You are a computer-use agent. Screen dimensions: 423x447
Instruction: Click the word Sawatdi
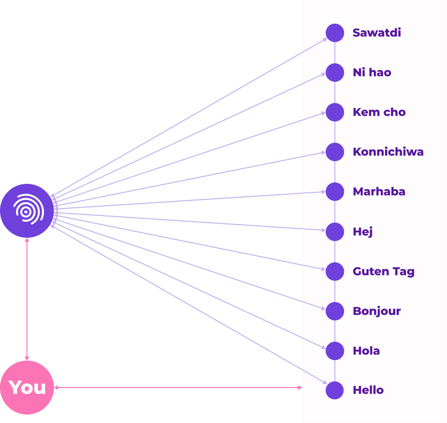[x=377, y=33]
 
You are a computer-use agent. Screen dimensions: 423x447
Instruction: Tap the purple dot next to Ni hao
[x=335, y=73]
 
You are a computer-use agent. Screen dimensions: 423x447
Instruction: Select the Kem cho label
[x=379, y=112]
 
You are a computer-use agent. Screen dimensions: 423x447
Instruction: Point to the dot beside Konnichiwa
[x=335, y=152]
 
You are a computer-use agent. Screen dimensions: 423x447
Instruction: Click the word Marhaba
[x=379, y=192]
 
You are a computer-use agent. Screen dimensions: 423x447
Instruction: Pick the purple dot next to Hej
[x=335, y=232]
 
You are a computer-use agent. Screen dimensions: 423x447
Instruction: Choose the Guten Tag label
[x=384, y=272]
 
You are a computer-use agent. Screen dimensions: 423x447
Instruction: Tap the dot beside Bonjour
[x=335, y=311]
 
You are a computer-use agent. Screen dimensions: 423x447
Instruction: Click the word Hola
[x=366, y=351]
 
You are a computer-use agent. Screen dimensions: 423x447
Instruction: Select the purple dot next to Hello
[x=335, y=390]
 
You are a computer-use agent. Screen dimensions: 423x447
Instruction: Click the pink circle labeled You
[x=27, y=388]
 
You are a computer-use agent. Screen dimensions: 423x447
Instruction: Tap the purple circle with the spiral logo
[x=27, y=211]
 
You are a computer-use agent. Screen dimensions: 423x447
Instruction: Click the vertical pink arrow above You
[x=27, y=299]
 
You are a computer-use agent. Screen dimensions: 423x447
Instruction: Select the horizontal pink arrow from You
[x=177, y=388]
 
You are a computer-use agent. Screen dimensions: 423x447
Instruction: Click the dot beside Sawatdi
[x=335, y=33]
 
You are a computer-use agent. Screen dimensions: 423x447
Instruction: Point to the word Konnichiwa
[x=388, y=152]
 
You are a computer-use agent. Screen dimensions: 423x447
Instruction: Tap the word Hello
[x=368, y=390]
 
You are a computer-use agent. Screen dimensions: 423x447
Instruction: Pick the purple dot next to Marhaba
[x=335, y=192]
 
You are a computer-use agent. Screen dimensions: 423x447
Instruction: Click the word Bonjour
[x=377, y=311]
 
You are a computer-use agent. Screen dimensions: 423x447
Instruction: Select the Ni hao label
[x=372, y=73]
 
